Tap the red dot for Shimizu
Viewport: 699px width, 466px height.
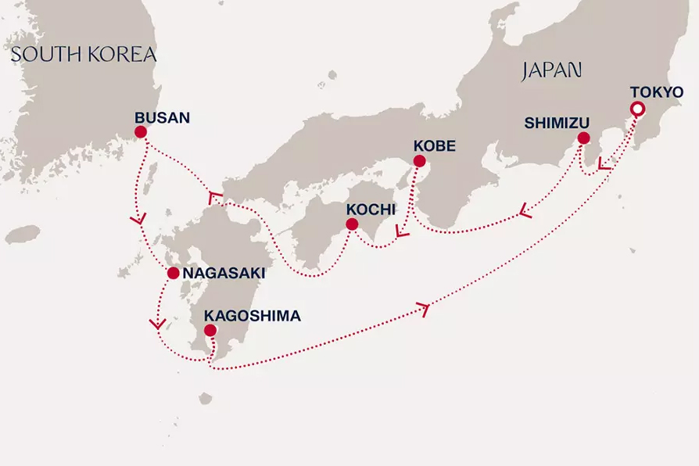(x=582, y=138)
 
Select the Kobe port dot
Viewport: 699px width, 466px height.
(x=418, y=162)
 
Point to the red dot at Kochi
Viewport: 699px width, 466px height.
(x=352, y=224)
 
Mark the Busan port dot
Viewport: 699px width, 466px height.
(x=141, y=133)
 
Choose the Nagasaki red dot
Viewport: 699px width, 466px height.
(x=172, y=274)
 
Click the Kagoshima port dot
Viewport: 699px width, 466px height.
(x=210, y=331)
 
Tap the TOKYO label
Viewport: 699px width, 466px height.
(x=656, y=91)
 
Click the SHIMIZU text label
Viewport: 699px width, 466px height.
(x=556, y=122)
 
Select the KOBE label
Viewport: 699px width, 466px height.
(x=434, y=145)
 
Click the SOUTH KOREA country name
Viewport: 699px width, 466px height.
(x=84, y=55)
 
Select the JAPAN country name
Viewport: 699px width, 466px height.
(x=551, y=70)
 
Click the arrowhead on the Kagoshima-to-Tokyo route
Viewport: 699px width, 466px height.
(x=426, y=310)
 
